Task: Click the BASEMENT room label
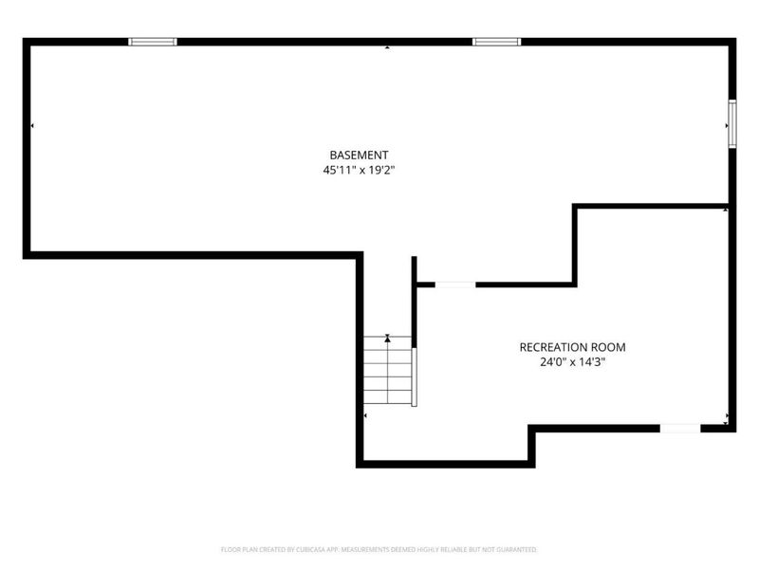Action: click(x=359, y=155)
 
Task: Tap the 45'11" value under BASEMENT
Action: click(x=339, y=170)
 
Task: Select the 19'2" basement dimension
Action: click(x=382, y=170)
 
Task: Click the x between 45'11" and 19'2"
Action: click(x=361, y=171)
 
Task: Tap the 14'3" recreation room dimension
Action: click(x=592, y=362)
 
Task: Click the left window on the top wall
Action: click(x=153, y=42)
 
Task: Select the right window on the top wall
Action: click(x=496, y=42)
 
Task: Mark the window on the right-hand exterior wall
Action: click(x=732, y=123)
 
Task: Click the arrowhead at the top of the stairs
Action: click(x=387, y=339)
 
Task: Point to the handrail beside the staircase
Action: click(x=414, y=376)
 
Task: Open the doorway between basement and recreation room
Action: click(x=455, y=284)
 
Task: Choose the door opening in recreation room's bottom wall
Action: click(x=680, y=429)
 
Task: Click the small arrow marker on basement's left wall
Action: click(x=32, y=126)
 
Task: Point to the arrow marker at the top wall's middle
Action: click(x=387, y=47)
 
